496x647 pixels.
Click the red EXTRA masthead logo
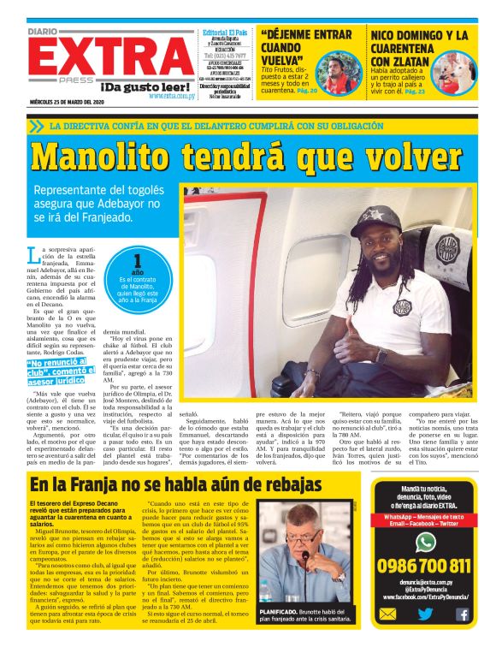click(112, 57)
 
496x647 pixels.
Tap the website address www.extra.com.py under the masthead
click(170, 96)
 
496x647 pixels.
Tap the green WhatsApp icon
click(425, 541)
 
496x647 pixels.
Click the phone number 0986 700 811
click(424, 566)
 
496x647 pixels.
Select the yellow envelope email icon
click(387, 614)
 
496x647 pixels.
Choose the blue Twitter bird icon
click(425, 614)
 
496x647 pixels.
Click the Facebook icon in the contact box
click(463, 614)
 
